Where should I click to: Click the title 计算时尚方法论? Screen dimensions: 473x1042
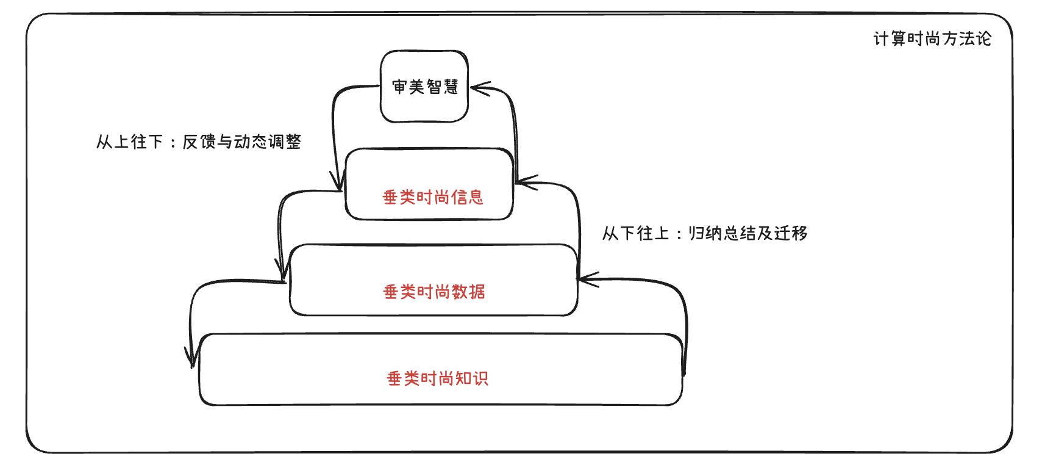pyautogui.click(x=932, y=39)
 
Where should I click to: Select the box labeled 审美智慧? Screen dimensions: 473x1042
pyautogui.click(x=424, y=87)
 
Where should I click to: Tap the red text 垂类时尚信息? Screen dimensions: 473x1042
pyautogui.click(x=433, y=197)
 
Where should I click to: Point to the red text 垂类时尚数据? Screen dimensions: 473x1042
pyautogui.click(x=434, y=292)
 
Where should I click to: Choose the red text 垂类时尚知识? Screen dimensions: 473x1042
pyautogui.click(x=438, y=378)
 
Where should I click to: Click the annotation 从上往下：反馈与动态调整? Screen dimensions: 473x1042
pyautogui.click(x=199, y=142)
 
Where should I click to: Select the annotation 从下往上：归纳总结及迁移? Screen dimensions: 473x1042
pyautogui.click(x=705, y=233)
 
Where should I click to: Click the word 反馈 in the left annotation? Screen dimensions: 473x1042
pyautogui.click(x=199, y=142)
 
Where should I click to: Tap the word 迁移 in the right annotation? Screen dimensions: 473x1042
pyautogui.click(x=791, y=233)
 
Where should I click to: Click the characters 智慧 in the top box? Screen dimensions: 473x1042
pyautogui.click(x=442, y=87)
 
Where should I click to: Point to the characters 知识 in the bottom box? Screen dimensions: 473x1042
pyautogui.click(x=472, y=378)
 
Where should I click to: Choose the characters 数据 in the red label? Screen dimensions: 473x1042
pyautogui.click(x=468, y=292)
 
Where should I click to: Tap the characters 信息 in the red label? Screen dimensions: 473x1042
pyautogui.click(x=467, y=197)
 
